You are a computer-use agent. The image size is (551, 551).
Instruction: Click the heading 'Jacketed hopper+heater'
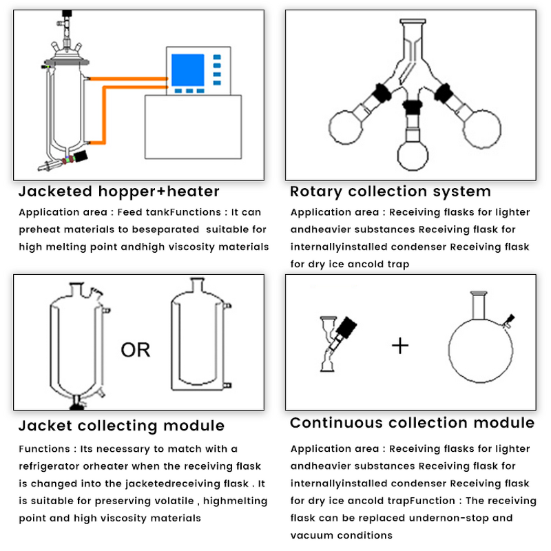(118, 191)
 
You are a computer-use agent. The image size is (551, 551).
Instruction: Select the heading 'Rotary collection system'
(391, 191)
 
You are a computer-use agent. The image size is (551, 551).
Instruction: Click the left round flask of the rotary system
(349, 128)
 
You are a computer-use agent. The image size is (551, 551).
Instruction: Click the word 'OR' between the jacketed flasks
(136, 350)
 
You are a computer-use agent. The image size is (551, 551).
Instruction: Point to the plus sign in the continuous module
(400, 344)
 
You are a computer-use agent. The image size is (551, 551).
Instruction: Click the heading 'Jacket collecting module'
(121, 426)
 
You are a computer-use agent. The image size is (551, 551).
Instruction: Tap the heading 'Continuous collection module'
(412, 423)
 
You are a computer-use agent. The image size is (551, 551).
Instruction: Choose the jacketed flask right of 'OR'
(200, 344)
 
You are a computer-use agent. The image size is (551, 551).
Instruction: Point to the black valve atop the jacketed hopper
(66, 14)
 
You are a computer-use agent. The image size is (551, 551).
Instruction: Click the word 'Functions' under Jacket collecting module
(43, 449)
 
